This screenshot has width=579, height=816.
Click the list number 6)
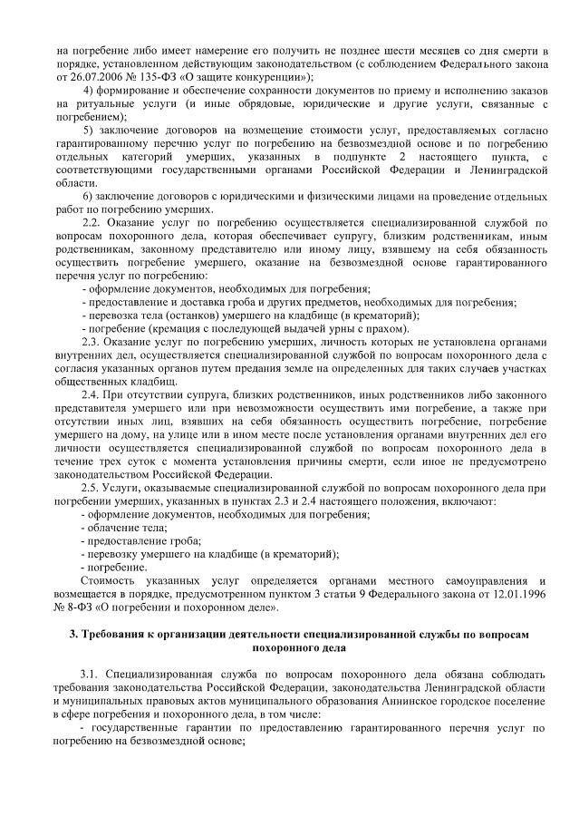click(x=89, y=197)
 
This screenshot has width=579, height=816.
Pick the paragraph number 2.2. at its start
click(x=92, y=223)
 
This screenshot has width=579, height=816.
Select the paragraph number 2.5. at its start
click(x=92, y=487)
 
